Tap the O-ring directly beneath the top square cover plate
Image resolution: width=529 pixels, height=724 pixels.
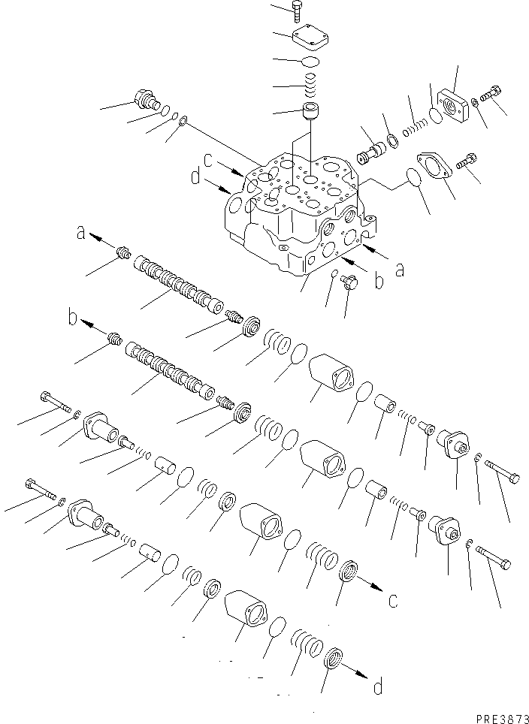(x=311, y=62)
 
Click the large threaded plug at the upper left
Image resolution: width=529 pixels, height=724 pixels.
(x=144, y=99)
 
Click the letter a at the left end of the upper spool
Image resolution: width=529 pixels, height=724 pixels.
(x=80, y=234)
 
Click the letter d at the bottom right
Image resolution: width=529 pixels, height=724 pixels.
(x=378, y=686)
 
